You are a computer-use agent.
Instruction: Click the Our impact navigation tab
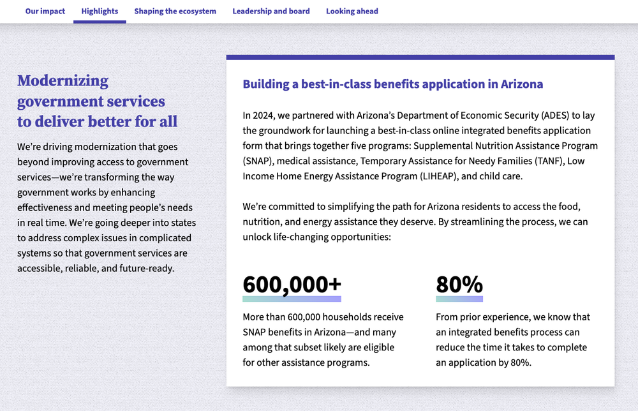(x=45, y=11)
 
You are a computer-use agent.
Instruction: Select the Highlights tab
(x=100, y=11)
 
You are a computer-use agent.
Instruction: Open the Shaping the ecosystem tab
(x=175, y=11)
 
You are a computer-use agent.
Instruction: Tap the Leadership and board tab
(x=271, y=11)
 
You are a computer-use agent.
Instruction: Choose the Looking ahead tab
(x=352, y=11)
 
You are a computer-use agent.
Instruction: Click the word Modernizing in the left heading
(x=63, y=81)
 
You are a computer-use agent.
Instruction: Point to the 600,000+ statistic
(x=292, y=284)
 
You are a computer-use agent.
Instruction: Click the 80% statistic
(x=459, y=284)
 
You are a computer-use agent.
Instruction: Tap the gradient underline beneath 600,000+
(x=292, y=299)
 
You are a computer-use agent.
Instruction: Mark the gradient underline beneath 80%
(x=459, y=299)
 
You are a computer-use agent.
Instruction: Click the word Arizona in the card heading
(x=522, y=84)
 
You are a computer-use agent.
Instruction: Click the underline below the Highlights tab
(x=100, y=22)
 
